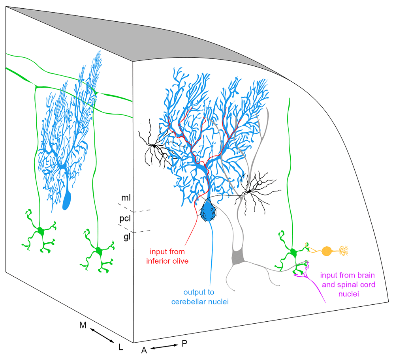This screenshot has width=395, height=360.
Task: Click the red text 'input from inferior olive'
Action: (x=173, y=256)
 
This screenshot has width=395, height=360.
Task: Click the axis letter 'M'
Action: (x=83, y=325)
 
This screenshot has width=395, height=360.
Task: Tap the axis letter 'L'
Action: (x=121, y=347)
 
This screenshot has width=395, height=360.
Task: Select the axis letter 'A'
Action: (x=144, y=351)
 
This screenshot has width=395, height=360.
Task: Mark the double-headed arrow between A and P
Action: (x=164, y=347)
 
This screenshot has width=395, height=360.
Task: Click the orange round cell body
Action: (x=327, y=251)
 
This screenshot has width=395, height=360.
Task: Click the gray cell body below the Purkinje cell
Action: (x=238, y=257)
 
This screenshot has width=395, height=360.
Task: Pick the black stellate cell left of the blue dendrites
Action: (x=153, y=146)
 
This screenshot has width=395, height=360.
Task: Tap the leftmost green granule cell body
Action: (x=41, y=232)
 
